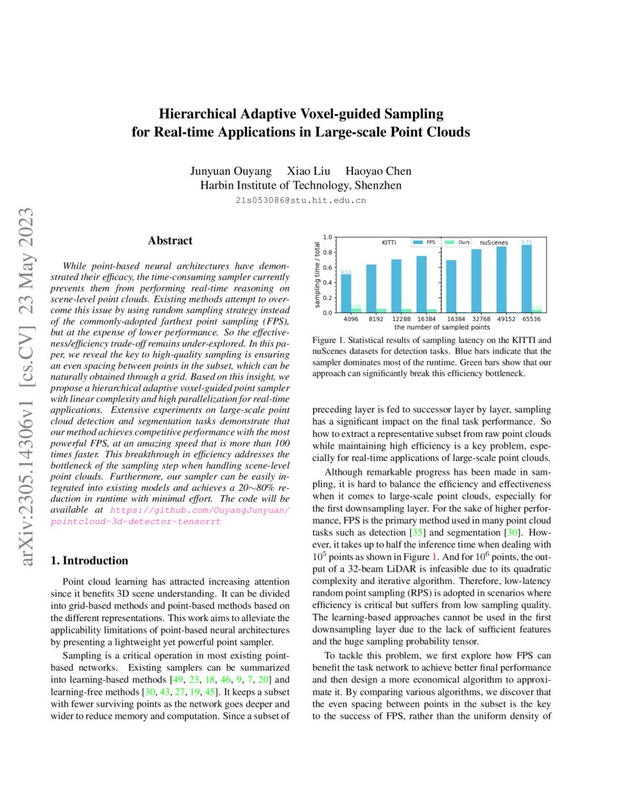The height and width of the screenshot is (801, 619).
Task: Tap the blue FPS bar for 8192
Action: [x=371, y=288]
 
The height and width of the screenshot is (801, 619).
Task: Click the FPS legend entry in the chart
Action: [x=424, y=241]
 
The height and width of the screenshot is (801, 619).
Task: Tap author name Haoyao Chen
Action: [x=378, y=171]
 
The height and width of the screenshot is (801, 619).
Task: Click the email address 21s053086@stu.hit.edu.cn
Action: [x=301, y=199]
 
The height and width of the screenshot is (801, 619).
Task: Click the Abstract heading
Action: [x=170, y=240]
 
